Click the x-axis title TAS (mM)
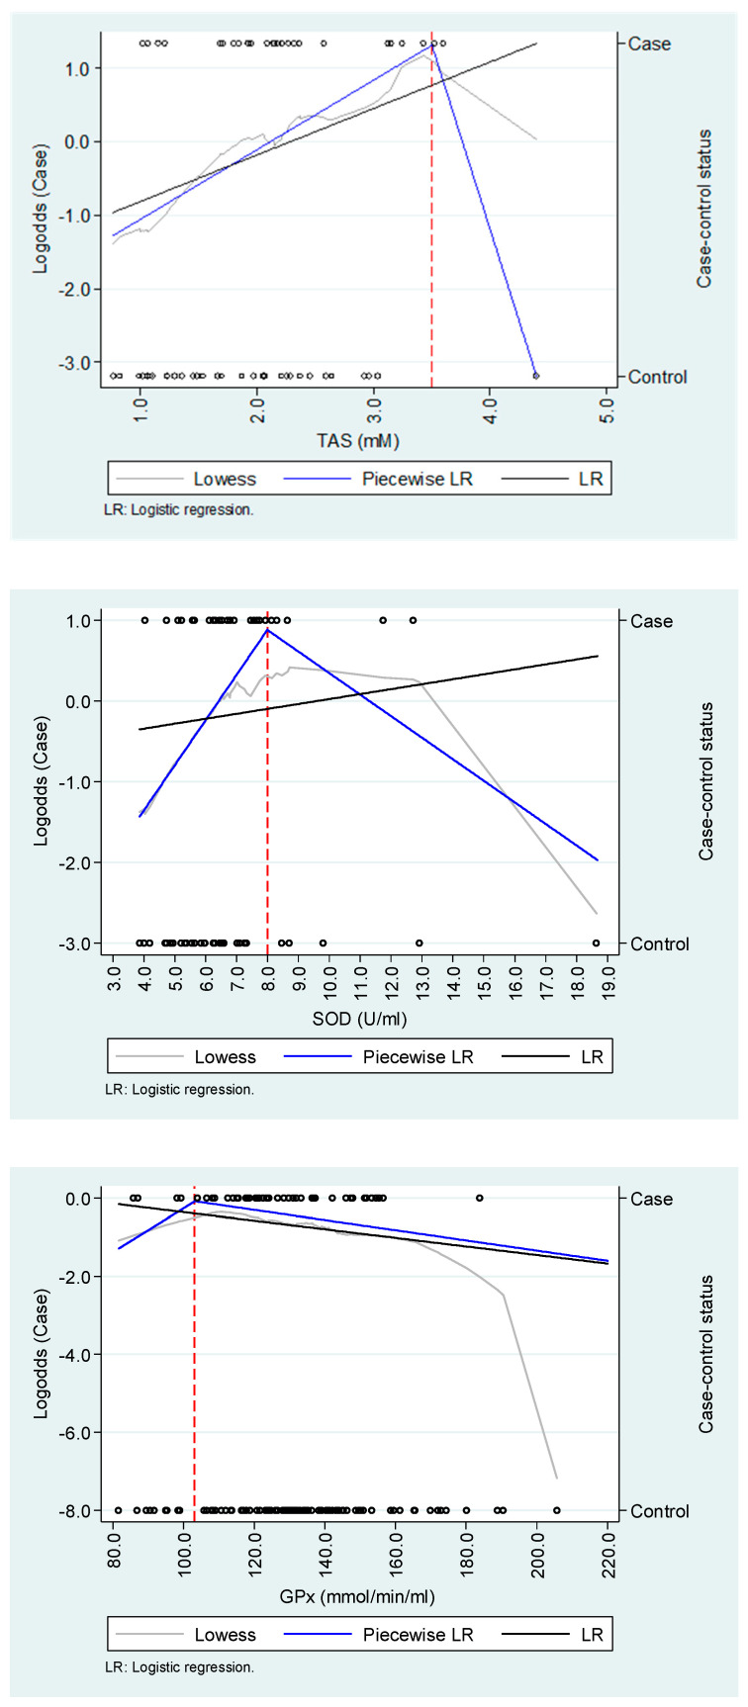click(x=358, y=440)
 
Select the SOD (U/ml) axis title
click(x=359, y=1019)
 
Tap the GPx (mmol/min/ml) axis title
click(x=357, y=1596)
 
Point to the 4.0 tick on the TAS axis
click(x=491, y=409)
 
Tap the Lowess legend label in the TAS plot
click(x=225, y=480)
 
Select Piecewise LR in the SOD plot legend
click(x=418, y=1057)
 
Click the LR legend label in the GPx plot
click(x=592, y=1635)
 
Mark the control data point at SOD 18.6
click(x=597, y=943)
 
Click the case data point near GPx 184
click(x=479, y=1198)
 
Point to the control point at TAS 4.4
click(x=536, y=376)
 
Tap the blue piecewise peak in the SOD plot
click(x=267, y=630)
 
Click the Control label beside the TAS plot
click(x=657, y=377)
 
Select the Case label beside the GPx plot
click(x=651, y=1199)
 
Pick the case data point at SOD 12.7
click(x=413, y=621)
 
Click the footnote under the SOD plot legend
click(x=179, y=1089)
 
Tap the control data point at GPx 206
click(x=557, y=1510)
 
